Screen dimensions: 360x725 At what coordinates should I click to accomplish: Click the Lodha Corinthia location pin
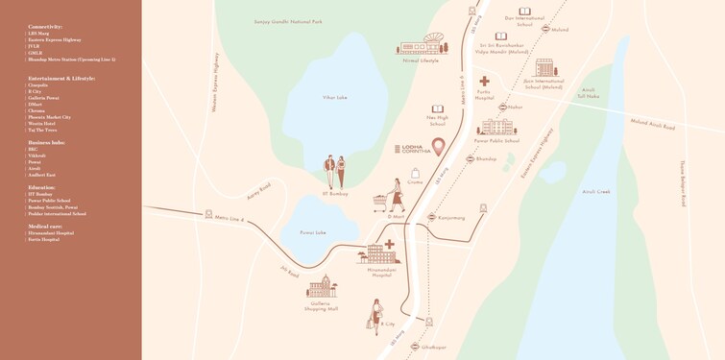[439, 147]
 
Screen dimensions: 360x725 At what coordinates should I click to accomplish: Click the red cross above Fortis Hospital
[484, 82]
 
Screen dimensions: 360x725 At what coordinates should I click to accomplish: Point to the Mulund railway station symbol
[545, 30]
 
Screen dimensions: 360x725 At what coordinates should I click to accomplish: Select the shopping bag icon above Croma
[416, 172]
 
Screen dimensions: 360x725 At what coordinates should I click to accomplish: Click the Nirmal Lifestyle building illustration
[422, 44]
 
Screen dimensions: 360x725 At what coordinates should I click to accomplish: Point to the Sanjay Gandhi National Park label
[288, 21]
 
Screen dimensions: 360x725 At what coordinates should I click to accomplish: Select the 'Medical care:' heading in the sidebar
[46, 227]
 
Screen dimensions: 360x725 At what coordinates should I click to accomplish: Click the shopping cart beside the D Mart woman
[382, 203]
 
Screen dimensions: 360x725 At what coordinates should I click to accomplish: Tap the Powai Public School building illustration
[495, 128]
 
